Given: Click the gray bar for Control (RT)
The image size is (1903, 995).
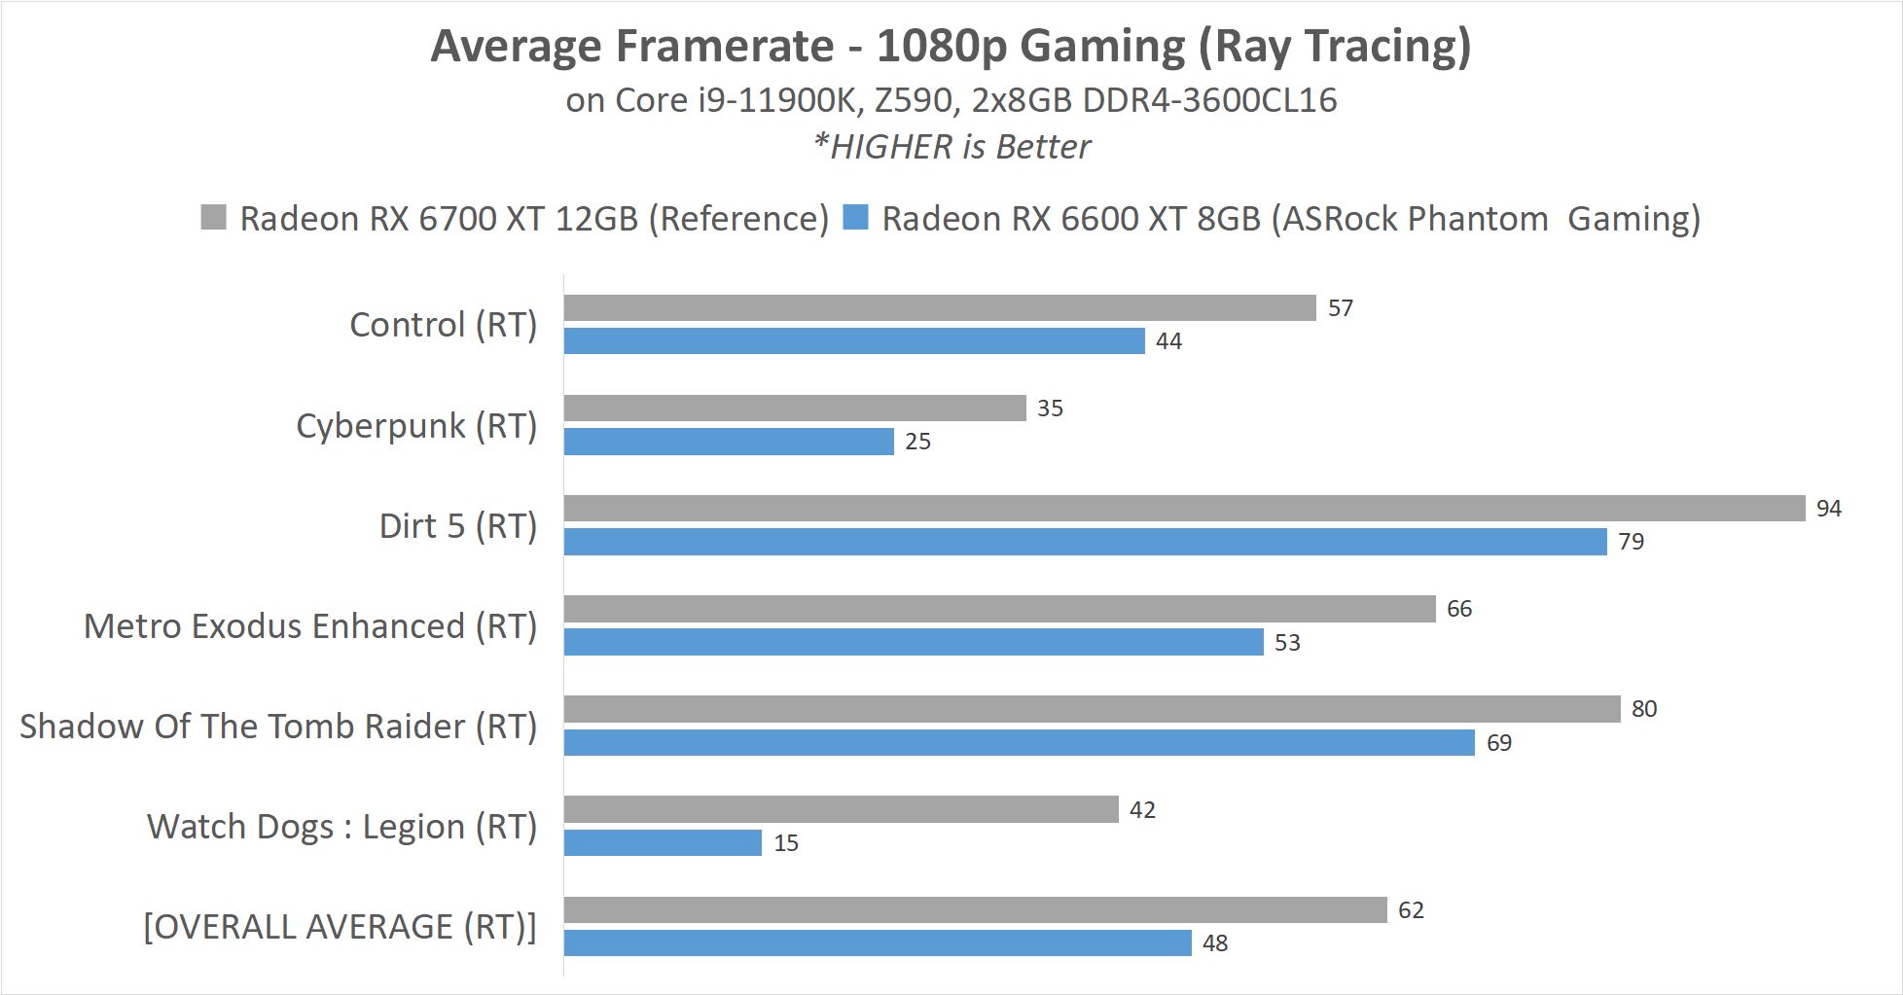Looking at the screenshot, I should tap(939, 308).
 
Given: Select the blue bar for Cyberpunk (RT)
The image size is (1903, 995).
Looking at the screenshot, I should tap(728, 442).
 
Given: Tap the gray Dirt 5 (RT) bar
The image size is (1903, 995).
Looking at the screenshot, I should tap(1184, 508).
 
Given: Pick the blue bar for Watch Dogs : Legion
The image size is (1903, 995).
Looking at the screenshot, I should tap(663, 842).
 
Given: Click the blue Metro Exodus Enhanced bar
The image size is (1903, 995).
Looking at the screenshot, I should tap(913, 642).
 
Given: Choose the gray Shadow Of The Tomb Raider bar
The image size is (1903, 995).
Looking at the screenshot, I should tap(1092, 709).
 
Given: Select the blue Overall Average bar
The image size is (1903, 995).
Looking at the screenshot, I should tap(877, 942).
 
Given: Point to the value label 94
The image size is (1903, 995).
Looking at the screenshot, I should tap(1828, 509).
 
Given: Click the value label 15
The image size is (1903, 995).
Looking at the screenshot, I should tap(786, 843).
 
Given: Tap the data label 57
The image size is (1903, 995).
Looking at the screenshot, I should tap(1340, 308).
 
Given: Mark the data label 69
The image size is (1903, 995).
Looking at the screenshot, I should tap(1498, 743).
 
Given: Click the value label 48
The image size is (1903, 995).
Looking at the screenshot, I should tap(1214, 943).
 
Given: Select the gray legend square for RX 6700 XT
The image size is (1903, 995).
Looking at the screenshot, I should tap(213, 217).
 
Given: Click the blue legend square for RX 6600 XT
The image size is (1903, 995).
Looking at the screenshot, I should tap(855, 217).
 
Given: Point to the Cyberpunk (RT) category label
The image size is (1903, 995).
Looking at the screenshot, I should tap(416, 426).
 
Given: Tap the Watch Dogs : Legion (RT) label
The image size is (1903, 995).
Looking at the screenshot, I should tap(341, 827).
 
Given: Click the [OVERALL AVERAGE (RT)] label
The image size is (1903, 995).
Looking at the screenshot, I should tap(340, 927).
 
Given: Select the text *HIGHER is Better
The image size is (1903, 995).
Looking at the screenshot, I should tap(951, 147).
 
